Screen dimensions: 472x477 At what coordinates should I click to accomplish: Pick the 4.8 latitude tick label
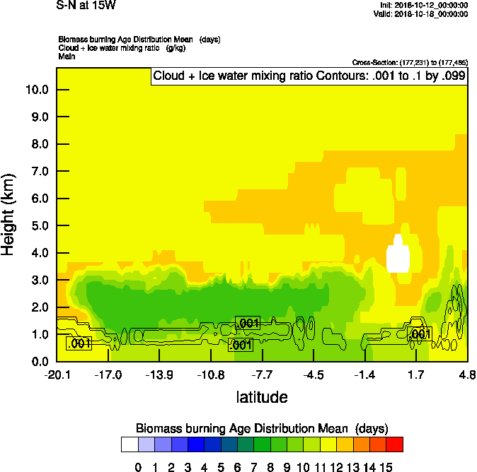[x=466, y=374]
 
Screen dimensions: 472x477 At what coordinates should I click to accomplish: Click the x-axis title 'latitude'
[x=262, y=397]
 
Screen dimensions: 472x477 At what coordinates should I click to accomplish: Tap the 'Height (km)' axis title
[x=9, y=214]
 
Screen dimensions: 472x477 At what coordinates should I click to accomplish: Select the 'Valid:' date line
[x=420, y=13]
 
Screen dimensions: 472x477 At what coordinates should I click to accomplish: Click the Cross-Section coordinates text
[x=409, y=63]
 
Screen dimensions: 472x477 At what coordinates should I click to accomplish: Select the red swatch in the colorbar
[x=395, y=444]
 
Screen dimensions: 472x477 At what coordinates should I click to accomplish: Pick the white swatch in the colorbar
[x=130, y=444]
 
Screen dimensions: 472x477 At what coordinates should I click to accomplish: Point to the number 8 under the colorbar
[x=270, y=466]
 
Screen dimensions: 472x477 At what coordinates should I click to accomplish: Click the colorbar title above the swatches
[x=262, y=428]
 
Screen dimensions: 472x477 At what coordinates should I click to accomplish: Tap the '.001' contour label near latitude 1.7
[x=420, y=334]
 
